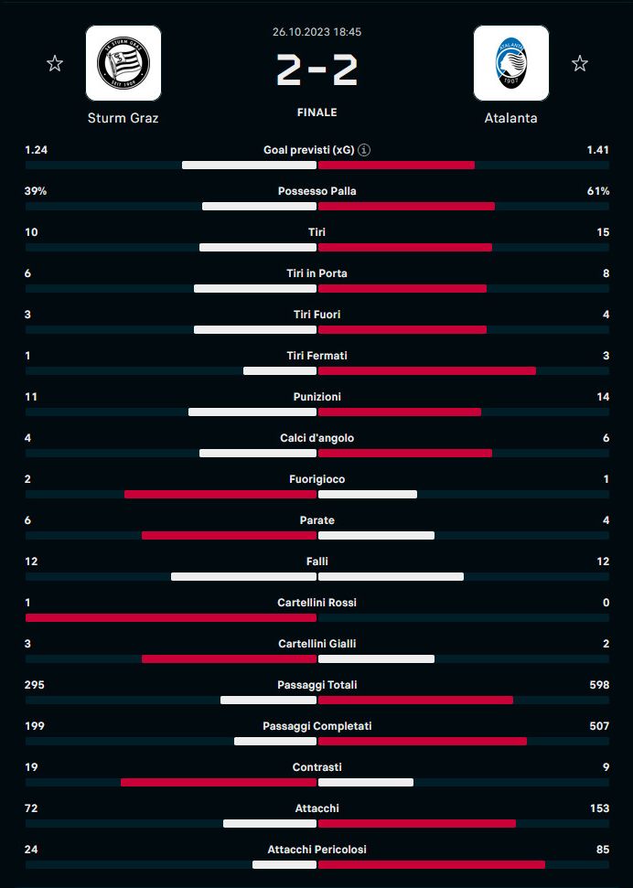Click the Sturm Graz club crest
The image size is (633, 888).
click(x=123, y=63)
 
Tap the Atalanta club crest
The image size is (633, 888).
click(x=510, y=63)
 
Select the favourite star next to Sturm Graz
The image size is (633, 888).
click(x=55, y=63)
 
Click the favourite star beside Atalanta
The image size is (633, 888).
click(x=579, y=63)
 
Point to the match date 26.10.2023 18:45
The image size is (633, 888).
click(x=316, y=31)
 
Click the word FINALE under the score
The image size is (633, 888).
click(x=316, y=112)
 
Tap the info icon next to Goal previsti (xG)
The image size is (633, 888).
click(x=364, y=150)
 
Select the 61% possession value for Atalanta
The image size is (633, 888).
click(x=598, y=191)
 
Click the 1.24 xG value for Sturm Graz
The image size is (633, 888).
click(x=37, y=150)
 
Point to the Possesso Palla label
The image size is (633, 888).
click(x=316, y=191)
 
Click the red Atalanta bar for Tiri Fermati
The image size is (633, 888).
click(x=426, y=371)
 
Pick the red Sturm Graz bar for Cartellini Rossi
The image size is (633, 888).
click(x=171, y=618)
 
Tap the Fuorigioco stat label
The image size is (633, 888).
click(x=316, y=479)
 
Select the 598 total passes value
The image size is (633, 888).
click(x=598, y=685)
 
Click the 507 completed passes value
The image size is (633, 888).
click(x=598, y=726)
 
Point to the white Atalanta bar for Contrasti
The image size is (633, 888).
click(x=366, y=783)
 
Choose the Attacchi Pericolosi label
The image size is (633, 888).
click(x=316, y=850)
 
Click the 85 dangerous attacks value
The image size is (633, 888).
click(x=602, y=850)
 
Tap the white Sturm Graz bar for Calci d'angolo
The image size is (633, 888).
click(x=258, y=454)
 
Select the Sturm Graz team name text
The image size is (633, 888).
click(x=123, y=118)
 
